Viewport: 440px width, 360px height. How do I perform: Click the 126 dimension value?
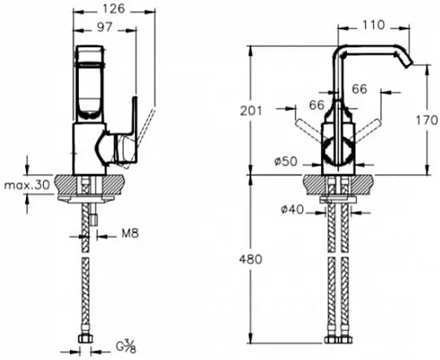point(114,9)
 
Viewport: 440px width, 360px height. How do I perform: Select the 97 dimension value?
point(105,28)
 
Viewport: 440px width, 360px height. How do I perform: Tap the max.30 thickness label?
point(27,185)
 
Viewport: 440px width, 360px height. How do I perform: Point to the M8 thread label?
point(131,233)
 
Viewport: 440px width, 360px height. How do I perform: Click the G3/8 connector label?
point(126,347)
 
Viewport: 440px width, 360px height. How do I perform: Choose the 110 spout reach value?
point(373,25)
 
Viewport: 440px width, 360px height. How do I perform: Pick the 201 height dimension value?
point(251,111)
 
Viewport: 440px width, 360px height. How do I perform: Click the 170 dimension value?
point(427,121)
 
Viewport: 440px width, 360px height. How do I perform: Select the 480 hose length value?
point(250,259)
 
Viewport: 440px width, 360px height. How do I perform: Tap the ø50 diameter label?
point(285,162)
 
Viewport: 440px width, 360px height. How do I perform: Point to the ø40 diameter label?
point(292,210)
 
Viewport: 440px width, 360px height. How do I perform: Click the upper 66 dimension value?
point(360,88)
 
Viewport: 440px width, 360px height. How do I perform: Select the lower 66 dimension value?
point(317,105)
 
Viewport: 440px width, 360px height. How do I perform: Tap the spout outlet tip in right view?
point(409,64)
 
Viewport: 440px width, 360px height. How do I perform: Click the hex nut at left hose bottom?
point(86,339)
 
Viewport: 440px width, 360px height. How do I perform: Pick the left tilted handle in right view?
point(309,129)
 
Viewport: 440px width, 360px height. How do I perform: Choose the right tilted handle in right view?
point(368,130)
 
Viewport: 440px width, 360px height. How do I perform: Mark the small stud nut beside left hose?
point(94,219)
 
